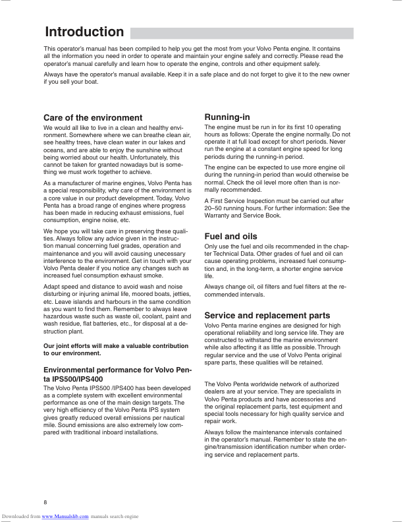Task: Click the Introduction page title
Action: (x=84, y=32)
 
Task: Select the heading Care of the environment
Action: (x=92, y=118)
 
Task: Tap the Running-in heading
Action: (x=227, y=117)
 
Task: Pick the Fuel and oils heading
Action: (x=230, y=236)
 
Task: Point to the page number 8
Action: (x=45, y=503)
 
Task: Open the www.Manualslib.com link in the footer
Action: (x=65, y=517)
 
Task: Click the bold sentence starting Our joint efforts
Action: (x=115, y=349)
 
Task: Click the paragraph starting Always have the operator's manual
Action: (x=196, y=79)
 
